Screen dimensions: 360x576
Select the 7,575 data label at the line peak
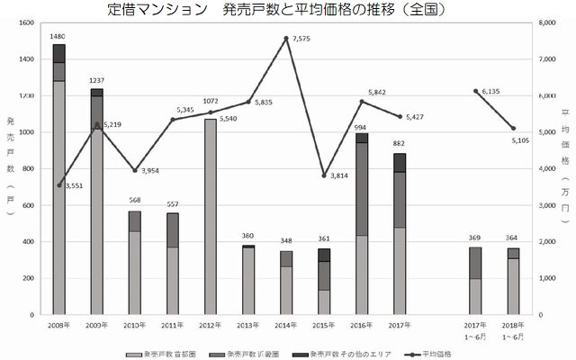[302, 39]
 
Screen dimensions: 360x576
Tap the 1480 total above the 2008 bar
[58, 37]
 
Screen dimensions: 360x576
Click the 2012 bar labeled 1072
[211, 216]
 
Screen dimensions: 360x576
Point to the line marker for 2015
[323, 175]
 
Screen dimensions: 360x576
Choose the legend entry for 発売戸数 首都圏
[166, 354]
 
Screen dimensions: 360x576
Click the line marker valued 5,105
[513, 128]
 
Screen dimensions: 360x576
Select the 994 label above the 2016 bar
[361, 128]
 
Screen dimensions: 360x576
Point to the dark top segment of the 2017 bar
[399, 162]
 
